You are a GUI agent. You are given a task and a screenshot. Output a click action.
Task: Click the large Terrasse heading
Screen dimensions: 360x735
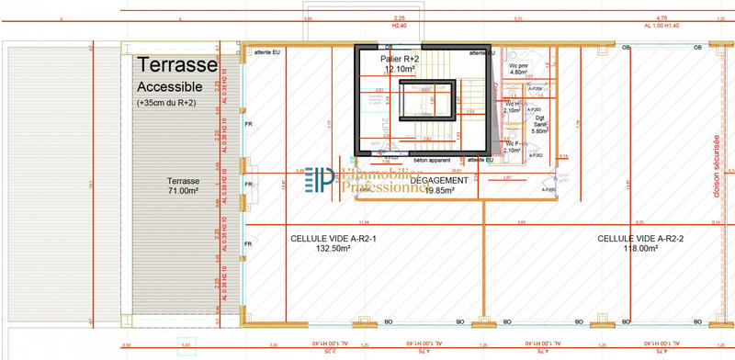coord(177,65)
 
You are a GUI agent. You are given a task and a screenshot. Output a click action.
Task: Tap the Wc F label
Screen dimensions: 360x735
coord(513,143)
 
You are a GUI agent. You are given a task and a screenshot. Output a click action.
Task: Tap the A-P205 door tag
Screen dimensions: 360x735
coord(550,190)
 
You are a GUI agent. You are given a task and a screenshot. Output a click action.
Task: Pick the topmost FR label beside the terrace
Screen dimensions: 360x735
coord(247,123)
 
